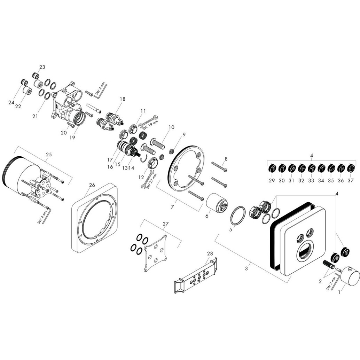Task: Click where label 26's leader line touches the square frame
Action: click(x=85, y=196)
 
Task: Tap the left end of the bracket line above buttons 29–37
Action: click(x=267, y=162)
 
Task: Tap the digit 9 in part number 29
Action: click(x=273, y=180)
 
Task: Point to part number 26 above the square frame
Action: click(x=92, y=185)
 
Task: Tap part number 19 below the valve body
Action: click(x=72, y=138)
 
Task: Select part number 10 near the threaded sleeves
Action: click(x=172, y=127)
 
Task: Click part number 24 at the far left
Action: click(x=11, y=102)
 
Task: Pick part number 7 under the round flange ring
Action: click(x=173, y=207)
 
